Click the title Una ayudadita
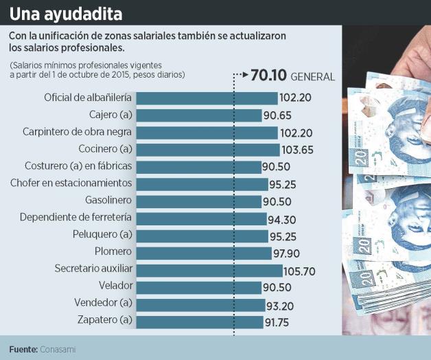67,13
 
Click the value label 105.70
299,270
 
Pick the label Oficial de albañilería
88,98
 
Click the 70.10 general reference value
269,76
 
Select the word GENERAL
313,76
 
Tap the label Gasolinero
108,200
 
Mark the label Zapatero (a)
106,319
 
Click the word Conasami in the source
58,349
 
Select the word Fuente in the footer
23,349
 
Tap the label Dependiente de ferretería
76,217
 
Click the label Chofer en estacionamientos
71,183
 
